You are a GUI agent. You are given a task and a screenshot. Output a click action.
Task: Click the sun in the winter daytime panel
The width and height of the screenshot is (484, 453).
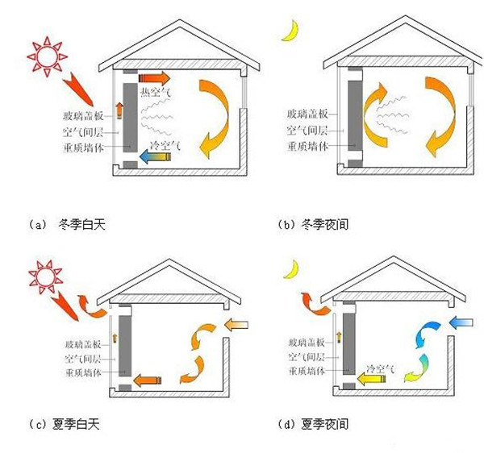pyautogui.click(x=44, y=53)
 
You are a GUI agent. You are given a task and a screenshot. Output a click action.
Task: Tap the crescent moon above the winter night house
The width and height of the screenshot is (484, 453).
pyautogui.click(x=289, y=31)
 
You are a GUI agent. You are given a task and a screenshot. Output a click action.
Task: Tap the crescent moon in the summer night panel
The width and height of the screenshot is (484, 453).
pyautogui.click(x=290, y=265)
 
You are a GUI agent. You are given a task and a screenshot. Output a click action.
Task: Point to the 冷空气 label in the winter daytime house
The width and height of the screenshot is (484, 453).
pyautogui.click(x=165, y=145)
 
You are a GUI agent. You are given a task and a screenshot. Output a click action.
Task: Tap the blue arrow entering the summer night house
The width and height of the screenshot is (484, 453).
pyautogui.click(x=461, y=324)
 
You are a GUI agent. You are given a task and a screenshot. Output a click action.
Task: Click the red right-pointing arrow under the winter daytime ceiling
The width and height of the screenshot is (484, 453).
pyautogui.click(x=154, y=77)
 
